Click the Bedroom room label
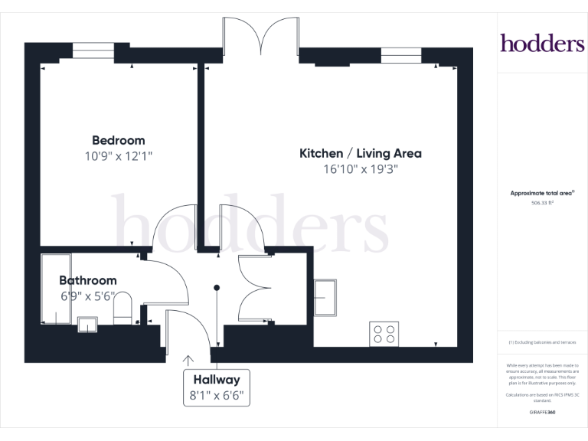[x=118, y=140]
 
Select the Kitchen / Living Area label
[x=360, y=153]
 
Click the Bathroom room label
[x=88, y=280]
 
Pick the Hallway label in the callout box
[x=217, y=380]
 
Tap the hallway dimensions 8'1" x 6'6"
[x=217, y=396]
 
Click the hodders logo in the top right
[x=542, y=44]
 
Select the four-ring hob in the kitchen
[x=384, y=333]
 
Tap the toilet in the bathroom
[x=122, y=309]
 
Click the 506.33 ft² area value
[x=542, y=204]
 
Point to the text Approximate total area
[x=541, y=193]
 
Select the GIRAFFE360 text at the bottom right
[x=542, y=413]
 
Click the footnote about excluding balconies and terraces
[x=542, y=342]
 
